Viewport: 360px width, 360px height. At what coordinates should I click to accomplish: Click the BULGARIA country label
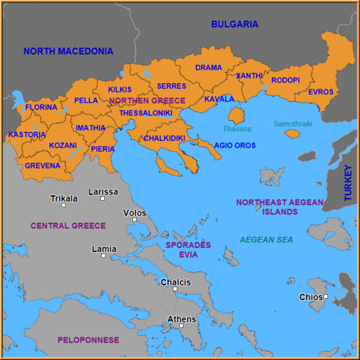click(x=234, y=25)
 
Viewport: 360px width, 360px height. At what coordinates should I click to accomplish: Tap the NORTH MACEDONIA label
click(x=68, y=51)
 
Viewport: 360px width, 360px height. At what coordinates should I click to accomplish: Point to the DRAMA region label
click(x=209, y=68)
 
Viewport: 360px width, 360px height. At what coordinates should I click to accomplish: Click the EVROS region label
click(x=320, y=92)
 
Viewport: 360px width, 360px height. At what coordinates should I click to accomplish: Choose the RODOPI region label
click(x=286, y=81)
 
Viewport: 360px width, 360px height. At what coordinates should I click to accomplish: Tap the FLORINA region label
click(x=41, y=107)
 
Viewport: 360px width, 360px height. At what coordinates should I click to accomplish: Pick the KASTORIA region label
click(x=26, y=134)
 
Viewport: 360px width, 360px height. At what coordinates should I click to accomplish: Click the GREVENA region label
click(x=42, y=166)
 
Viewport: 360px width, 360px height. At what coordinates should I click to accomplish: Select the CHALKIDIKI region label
click(x=165, y=138)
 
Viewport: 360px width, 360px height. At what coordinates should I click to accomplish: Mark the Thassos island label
click(x=237, y=129)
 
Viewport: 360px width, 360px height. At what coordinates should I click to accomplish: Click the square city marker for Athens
click(x=182, y=326)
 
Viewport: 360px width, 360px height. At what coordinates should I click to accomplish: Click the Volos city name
click(x=134, y=214)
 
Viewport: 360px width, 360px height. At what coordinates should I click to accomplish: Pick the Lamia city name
click(x=104, y=249)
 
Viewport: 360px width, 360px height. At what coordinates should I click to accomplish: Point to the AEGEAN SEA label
click(x=266, y=240)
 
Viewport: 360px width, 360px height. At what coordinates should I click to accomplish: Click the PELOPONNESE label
click(x=88, y=340)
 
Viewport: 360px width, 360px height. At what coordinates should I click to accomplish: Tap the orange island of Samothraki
click(x=292, y=134)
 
